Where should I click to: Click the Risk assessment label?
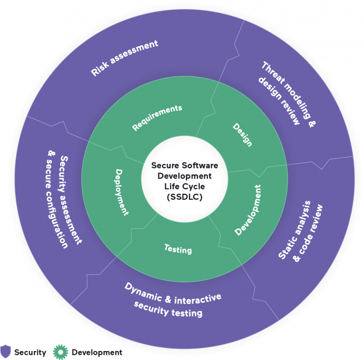tap(125, 58)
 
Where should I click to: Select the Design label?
tap(242, 135)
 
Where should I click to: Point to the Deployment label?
tap(122, 192)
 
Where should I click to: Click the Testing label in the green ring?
tap(178, 249)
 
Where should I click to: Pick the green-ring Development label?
tap(248, 210)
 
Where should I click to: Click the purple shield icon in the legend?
tap(5, 351)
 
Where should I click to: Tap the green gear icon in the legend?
tap(61, 352)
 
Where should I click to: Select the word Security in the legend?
tap(30, 352)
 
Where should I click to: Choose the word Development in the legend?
tap(97, 352)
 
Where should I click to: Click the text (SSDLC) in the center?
tap(185, 197)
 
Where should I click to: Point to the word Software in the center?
tap(200, 165)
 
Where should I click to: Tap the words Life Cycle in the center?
tap(185, 187)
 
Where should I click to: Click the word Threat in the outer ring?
tap(273, 73)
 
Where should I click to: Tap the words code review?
tap(308, 233)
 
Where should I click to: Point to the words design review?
tap(279, 101)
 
